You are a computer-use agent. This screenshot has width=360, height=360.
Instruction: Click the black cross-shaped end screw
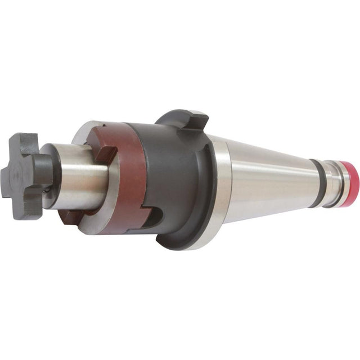pos(28,172)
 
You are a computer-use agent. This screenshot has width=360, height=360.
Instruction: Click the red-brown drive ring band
pos(121,186)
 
